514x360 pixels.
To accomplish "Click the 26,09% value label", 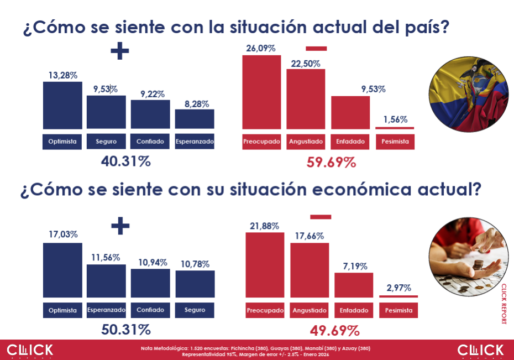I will pos(261,49).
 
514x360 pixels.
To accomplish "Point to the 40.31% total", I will pos(126,161).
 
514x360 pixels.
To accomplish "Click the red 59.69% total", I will pos(331,162).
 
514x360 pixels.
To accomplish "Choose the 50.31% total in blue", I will pos(126,330).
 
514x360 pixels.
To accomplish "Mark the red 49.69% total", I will pos(335,331).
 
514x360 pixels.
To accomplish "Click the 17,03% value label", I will pos(63,234).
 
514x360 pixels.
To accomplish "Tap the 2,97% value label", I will pos(398,288).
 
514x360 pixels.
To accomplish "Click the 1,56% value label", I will pos(395,119).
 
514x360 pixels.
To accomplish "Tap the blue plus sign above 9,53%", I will pos(119,52).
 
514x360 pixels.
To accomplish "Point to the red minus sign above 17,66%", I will pos(321,216).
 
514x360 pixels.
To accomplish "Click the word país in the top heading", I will pos(426,27).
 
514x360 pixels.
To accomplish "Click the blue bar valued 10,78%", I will pos(195,284).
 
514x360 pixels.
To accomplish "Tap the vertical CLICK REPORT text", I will pos(503,304).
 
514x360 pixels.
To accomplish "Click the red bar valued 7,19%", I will pos(354,285).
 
